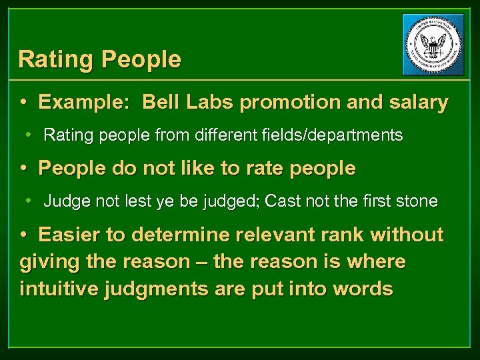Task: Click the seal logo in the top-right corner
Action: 433,45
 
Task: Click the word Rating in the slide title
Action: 56,60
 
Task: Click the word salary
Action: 419,103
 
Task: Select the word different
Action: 225,136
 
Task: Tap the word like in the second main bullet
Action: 181,169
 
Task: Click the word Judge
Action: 63,202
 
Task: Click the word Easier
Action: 69,235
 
